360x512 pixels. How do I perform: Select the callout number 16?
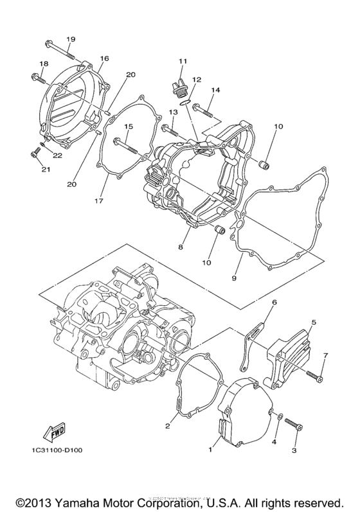[x=104, y=58]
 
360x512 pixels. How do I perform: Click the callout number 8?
[x=181, y=246]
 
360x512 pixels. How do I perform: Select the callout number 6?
[x=273, y=302]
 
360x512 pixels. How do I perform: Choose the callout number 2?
[x=167, y=425]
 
